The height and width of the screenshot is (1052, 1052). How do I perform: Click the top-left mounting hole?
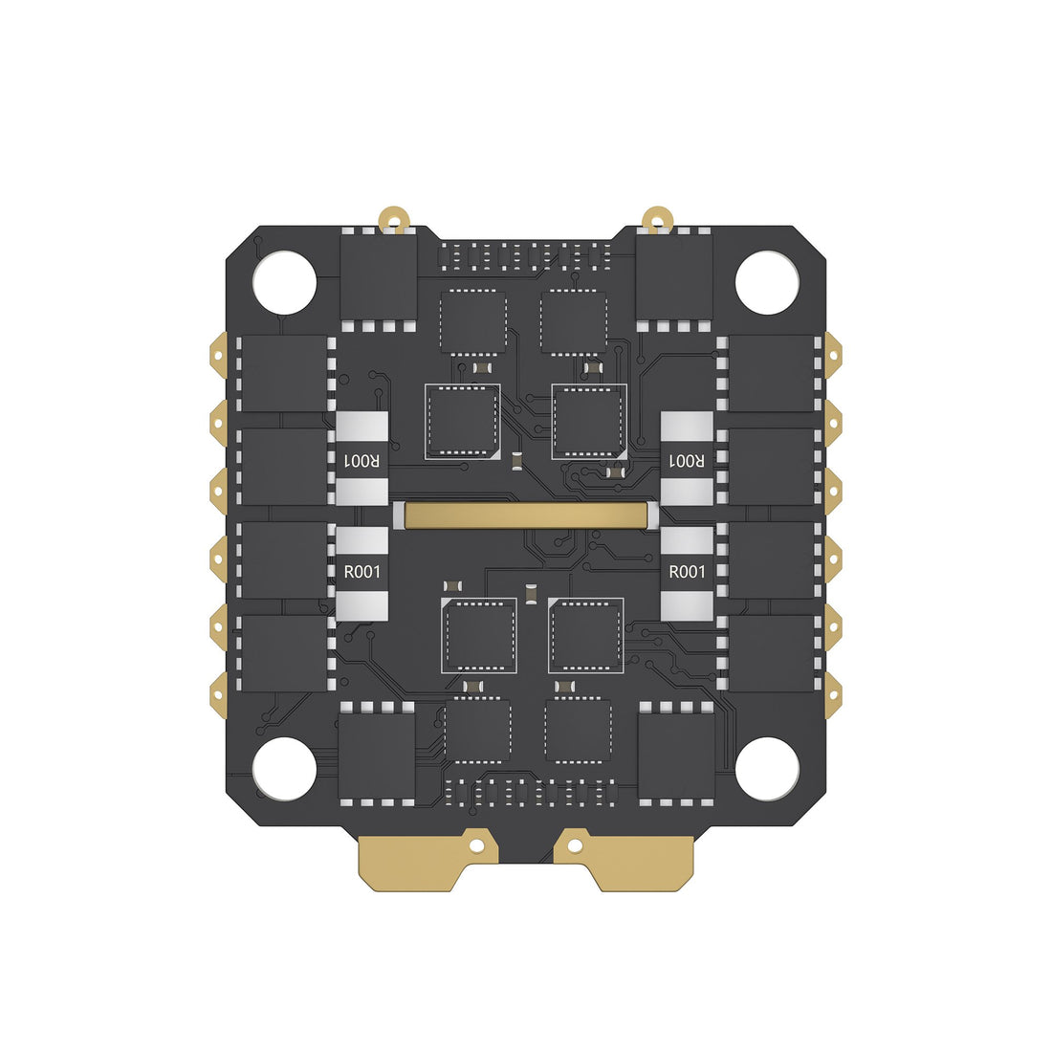(x=284, y=282)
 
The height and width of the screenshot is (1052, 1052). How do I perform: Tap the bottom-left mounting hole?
(x=284, y=768)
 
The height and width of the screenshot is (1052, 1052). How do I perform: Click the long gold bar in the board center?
(x=526, y=515)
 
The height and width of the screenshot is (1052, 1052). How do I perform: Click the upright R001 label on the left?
(x=362, y=572)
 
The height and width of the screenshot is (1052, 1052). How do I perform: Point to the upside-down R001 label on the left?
(x=362, y=461)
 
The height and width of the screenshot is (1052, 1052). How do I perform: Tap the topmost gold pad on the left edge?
(x=219, y=350)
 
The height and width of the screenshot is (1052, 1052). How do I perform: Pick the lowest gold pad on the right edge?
(x=832, y=688)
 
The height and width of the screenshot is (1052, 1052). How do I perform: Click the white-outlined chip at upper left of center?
(x=463, y=421)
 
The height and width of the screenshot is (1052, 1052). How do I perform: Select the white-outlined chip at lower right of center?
(x=585, y=635)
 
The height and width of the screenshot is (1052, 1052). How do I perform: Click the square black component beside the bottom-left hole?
(x=376, y=756)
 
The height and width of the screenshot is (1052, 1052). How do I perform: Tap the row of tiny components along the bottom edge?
(x=526, y=792)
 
